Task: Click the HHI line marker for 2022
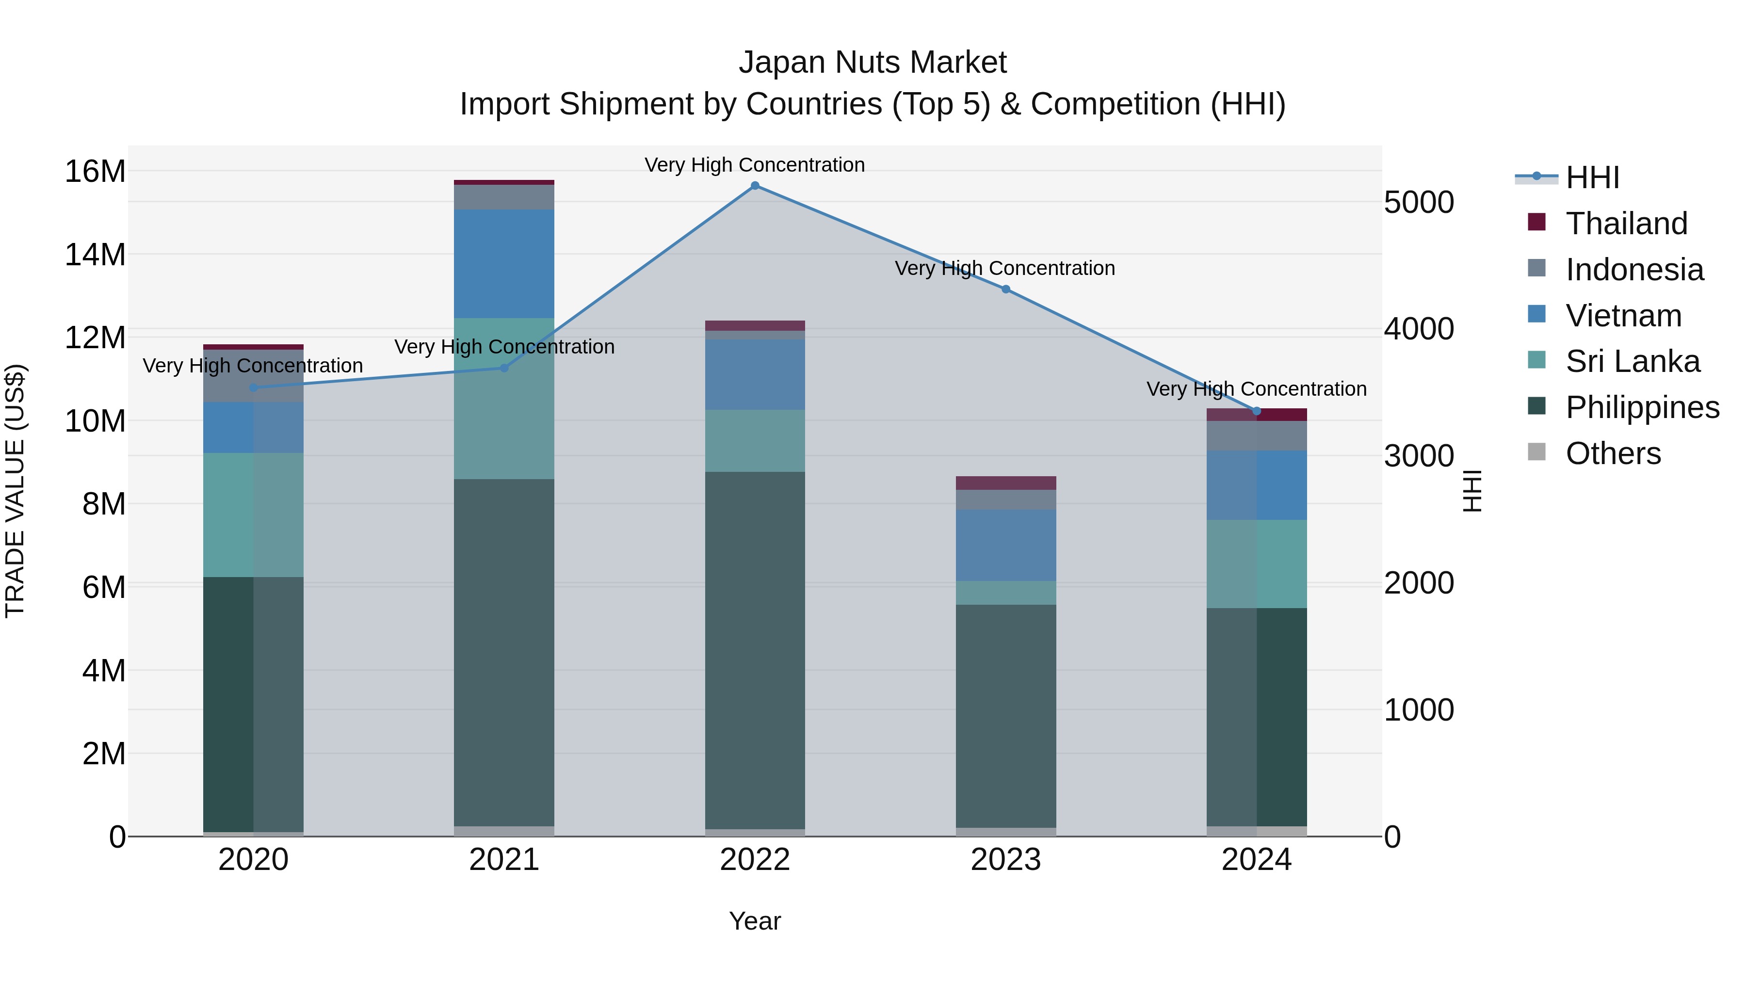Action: click(755, 186)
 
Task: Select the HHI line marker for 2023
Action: click(1006, 290)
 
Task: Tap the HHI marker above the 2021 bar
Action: click(504, 368)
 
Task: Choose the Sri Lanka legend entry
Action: click(1632, 361)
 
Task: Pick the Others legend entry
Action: click(1613, 453)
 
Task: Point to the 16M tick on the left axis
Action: click(95, 172)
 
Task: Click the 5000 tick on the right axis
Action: click(1419, 203)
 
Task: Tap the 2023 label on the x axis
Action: click(1006, 860)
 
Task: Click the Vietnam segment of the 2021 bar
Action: click(504, 264)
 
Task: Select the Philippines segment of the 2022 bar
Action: click(755, 651)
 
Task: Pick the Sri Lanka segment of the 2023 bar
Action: click(1006, 593)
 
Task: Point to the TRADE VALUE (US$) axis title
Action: click(15, 491)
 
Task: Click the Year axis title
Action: click(755, 922)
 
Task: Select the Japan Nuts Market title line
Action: click(873, 63)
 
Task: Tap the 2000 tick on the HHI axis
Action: click(1419, 583)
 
